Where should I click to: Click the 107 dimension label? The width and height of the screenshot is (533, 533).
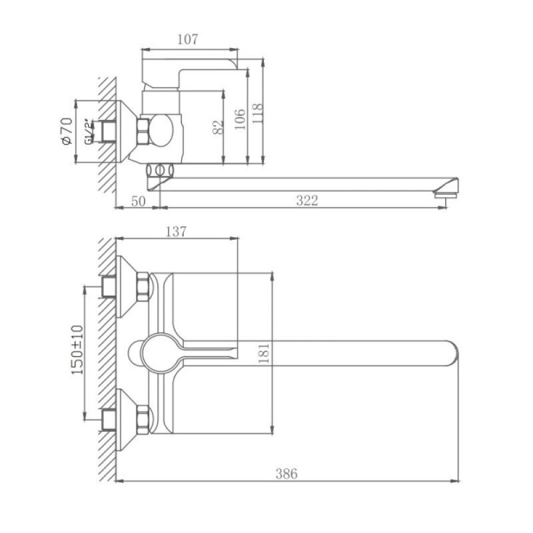(187, 40)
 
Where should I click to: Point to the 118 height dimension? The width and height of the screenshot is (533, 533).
(258, 113)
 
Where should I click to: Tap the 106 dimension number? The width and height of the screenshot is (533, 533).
(240, 119)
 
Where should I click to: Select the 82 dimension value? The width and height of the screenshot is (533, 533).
(219, 127)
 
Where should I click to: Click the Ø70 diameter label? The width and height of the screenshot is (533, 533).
(67, 131)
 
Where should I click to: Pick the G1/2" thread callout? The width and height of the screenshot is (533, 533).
(89, 131)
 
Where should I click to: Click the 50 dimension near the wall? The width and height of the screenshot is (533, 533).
(139, 201)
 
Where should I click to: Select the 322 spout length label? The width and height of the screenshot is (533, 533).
(307, 201)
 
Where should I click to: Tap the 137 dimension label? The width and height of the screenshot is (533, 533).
(176, 232)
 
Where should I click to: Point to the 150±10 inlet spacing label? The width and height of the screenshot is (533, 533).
(77, 350)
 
